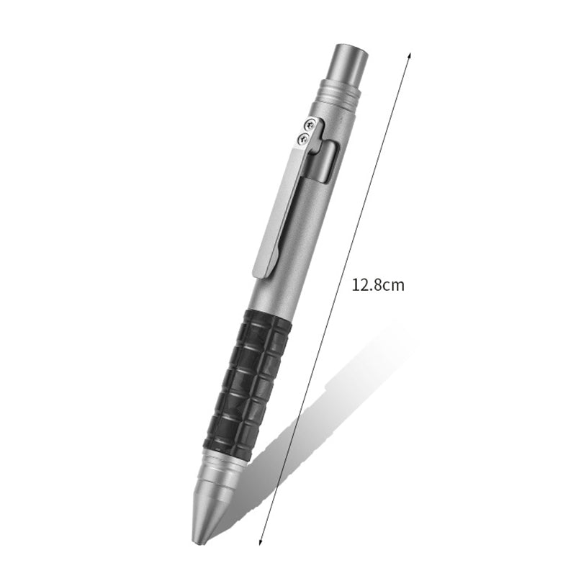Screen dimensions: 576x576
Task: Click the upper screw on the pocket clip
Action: coord(310,125)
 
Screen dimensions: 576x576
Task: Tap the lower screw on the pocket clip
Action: coord(304,138)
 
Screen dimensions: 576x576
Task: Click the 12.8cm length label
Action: coord(378,284)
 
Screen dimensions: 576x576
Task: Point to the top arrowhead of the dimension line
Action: coord(409,55)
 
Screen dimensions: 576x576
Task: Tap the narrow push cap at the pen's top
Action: coord(348,63)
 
